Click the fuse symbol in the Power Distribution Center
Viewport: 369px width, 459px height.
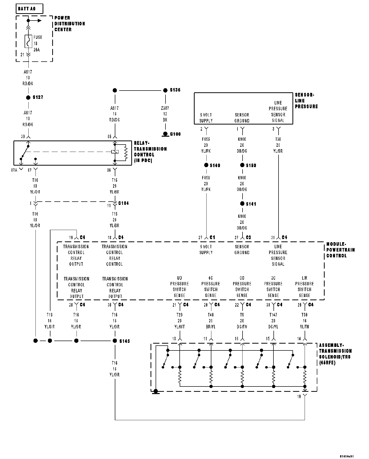click(28, 41)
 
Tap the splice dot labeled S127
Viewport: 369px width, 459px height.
click(28, 97)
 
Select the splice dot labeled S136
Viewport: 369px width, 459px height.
click(165, 90)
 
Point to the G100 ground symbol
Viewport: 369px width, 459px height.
click(165, 134)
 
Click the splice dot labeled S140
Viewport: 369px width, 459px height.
click(206, 165)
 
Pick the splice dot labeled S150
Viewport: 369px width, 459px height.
click(242, 165)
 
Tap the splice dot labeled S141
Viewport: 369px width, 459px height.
click(242, 204)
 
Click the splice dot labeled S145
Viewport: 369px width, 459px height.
click(115, 341)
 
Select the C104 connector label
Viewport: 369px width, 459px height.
click(123, 203)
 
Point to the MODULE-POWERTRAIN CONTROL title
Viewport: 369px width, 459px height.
click(340, 250)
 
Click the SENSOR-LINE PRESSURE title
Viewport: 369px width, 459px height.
click(306, 101)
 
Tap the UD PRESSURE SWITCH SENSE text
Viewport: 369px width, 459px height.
click(179, 287)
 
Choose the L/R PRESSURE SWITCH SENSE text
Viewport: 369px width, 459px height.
click(304, 287)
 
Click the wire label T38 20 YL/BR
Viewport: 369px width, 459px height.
click(278, 145)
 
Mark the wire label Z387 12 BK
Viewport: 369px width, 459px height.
click(165, 114)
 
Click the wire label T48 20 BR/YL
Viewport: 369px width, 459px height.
click(211, 321)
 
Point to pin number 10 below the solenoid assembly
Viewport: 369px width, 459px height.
click(299, 396)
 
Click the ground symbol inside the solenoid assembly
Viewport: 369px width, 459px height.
click(156, 392)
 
